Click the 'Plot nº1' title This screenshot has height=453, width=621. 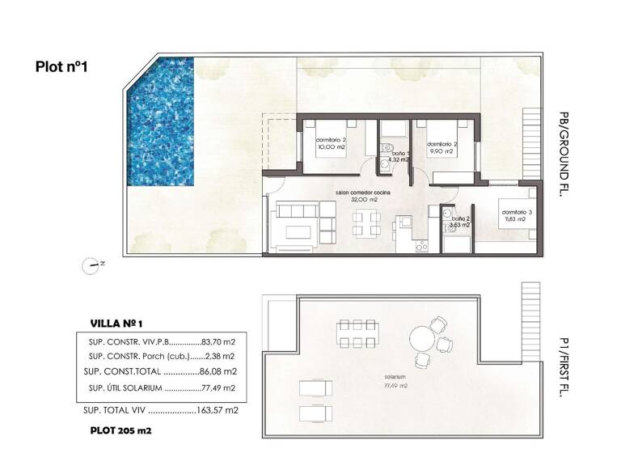61,67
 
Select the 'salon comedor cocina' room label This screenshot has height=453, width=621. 364,193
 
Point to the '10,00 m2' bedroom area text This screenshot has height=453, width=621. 330,148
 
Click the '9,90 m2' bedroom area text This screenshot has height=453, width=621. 442,150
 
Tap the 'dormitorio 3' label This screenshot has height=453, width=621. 513,211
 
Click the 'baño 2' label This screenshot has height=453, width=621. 461,218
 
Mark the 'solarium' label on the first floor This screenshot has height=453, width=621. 395,377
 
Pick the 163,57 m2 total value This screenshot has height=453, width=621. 218,410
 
